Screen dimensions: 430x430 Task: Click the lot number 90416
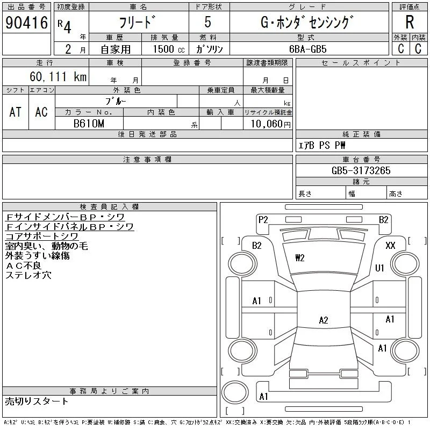(26, 23)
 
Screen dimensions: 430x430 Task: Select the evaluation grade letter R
(410, 22)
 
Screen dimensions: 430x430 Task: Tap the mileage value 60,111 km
(58, 76)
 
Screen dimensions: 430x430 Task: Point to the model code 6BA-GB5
(307, 49)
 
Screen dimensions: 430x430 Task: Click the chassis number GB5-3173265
(361, 170)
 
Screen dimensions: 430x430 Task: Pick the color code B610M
(89, 124)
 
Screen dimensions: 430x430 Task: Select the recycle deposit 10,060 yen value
(271, 124)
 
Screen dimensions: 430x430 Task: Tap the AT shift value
(15, 112)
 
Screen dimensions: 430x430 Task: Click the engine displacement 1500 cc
(169, 49)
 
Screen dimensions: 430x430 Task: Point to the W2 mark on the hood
(300, 258)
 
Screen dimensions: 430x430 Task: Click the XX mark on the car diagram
(390, 245)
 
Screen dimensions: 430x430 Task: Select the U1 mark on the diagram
(379, 268)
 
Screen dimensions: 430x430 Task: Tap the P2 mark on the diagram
(263, 220)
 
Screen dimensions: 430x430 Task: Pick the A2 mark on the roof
(324, 320)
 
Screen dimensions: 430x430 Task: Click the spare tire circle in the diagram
(235, 392)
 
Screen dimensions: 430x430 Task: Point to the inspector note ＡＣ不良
(23, 266)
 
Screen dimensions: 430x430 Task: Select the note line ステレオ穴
(28, 275)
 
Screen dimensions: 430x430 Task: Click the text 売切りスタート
(37, 402)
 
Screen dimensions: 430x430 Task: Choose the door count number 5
(207, 22)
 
